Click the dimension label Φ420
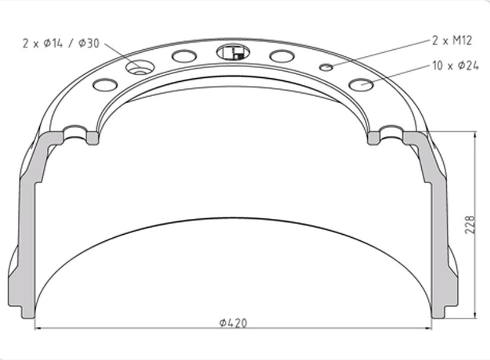233,323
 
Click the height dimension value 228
470,224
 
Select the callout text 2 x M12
452,40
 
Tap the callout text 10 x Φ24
456,66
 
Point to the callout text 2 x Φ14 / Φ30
61,43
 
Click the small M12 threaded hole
326,66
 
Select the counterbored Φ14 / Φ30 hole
139,68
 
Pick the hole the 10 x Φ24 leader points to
361,84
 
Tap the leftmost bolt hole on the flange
106,85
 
